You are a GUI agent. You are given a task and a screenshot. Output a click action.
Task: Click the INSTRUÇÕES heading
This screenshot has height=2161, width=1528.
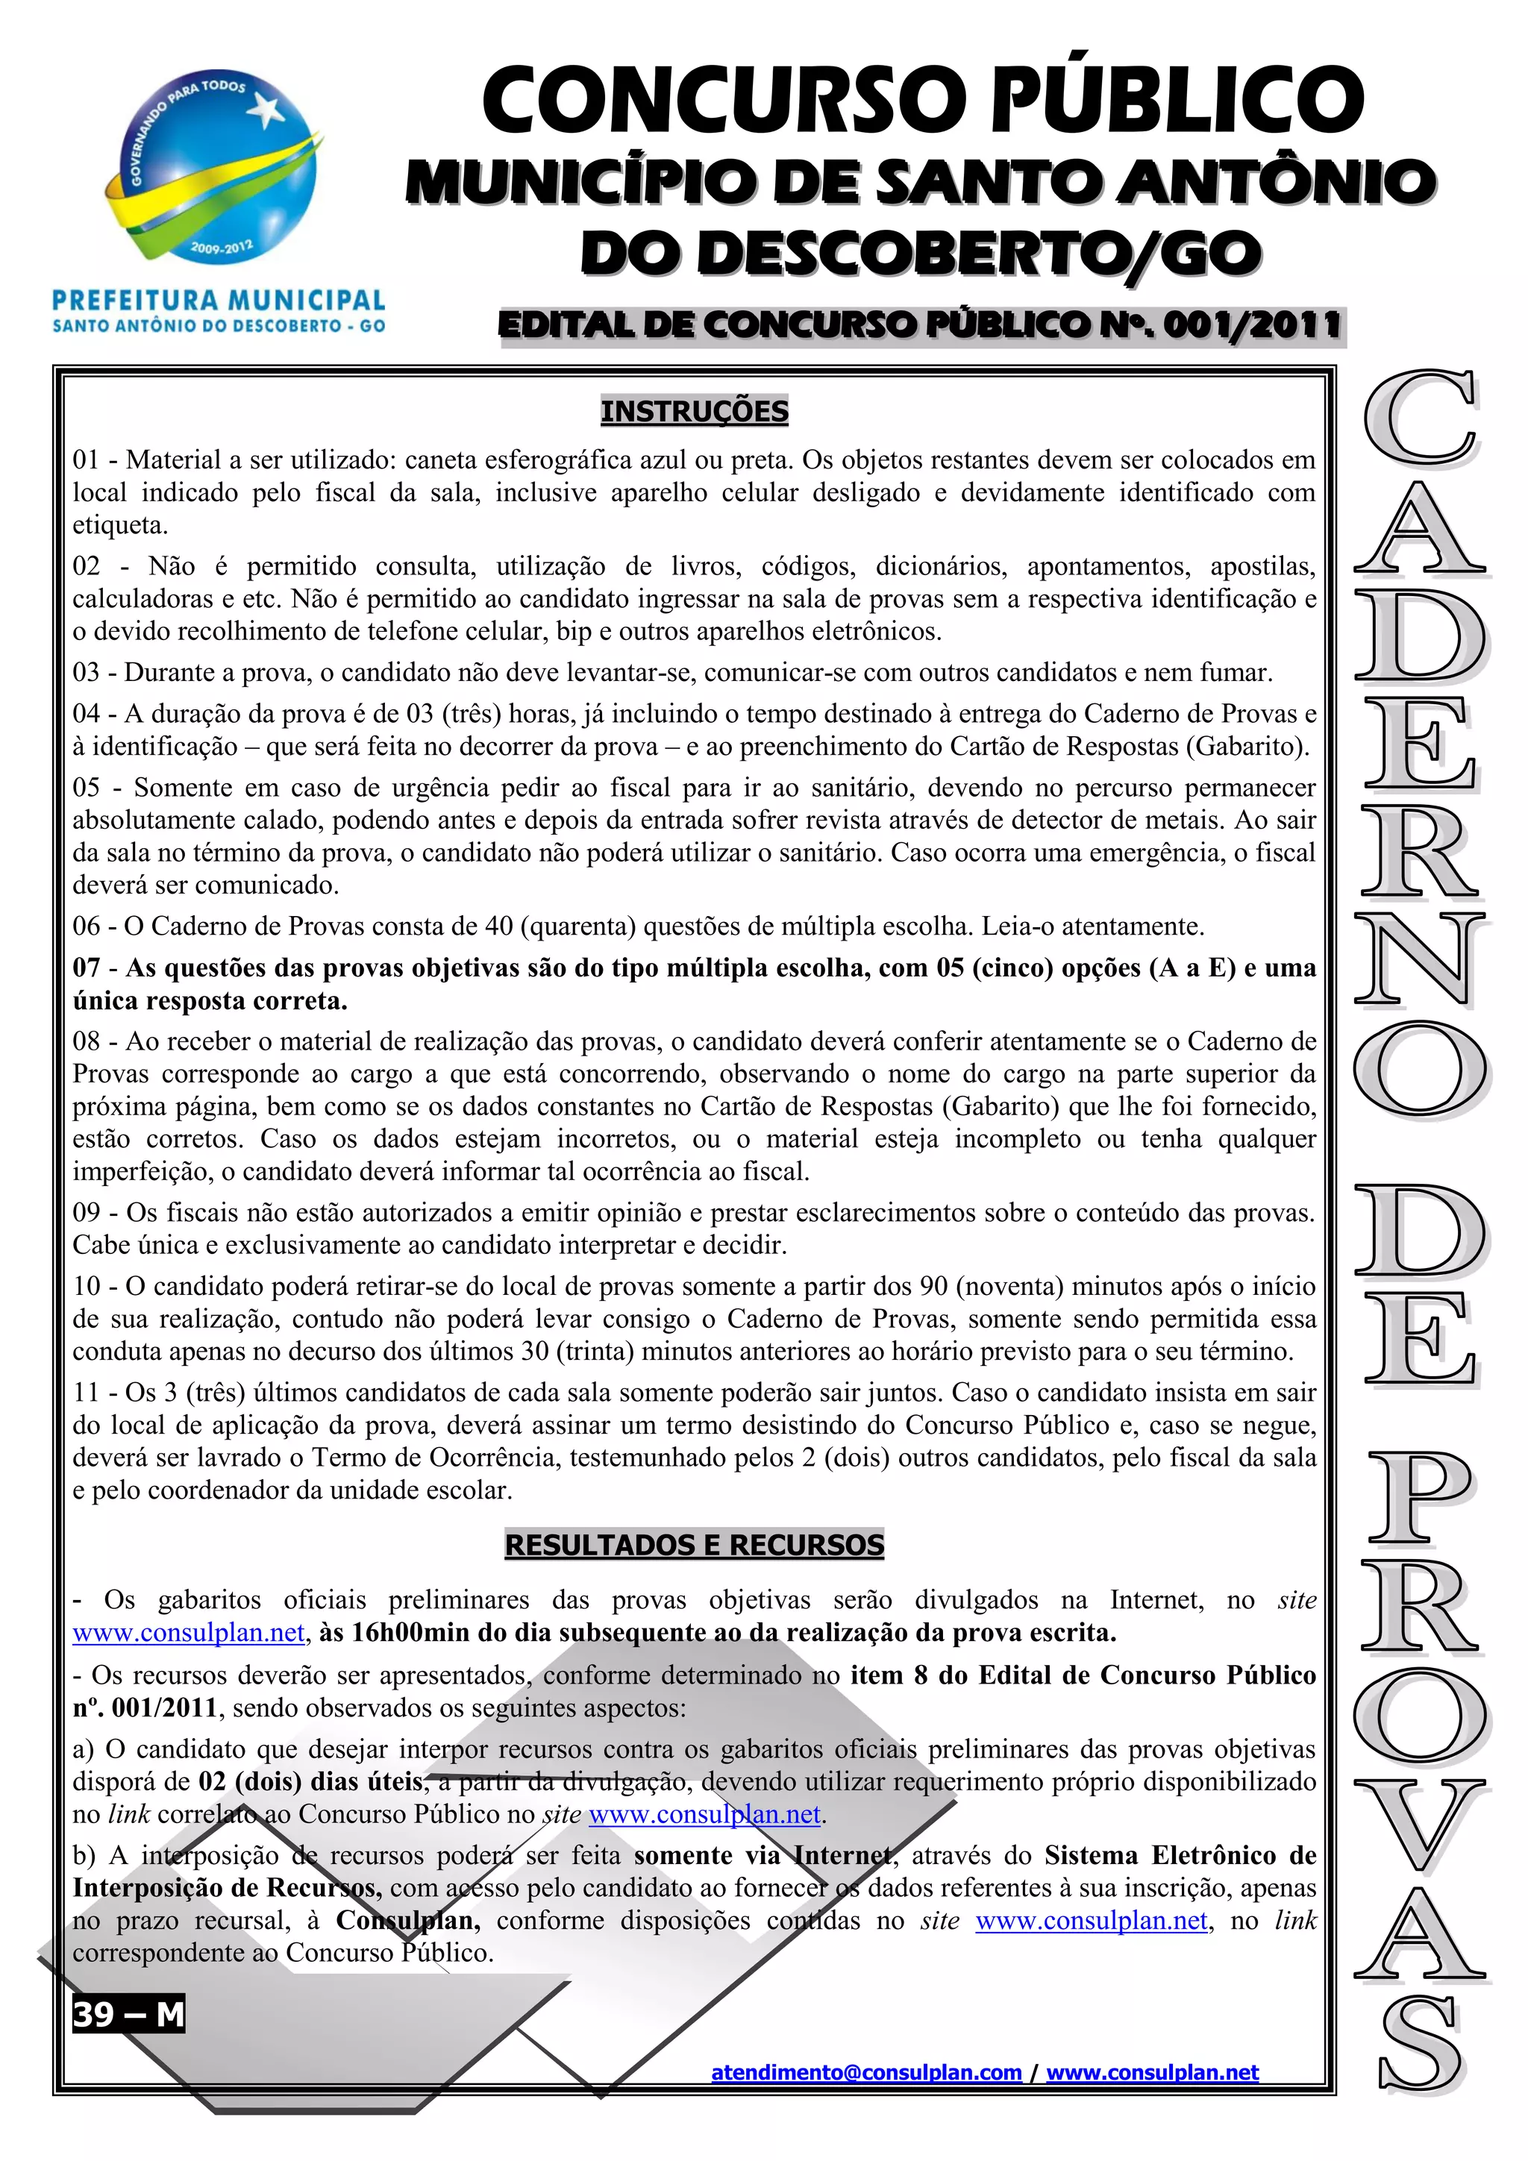point(695,411)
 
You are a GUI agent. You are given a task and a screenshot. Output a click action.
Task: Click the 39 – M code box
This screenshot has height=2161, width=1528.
point(129,2014)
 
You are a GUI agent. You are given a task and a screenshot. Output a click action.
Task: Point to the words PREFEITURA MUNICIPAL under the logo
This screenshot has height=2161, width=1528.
point(219,301)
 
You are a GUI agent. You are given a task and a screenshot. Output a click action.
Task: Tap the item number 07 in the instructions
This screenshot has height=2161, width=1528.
point(87,968)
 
